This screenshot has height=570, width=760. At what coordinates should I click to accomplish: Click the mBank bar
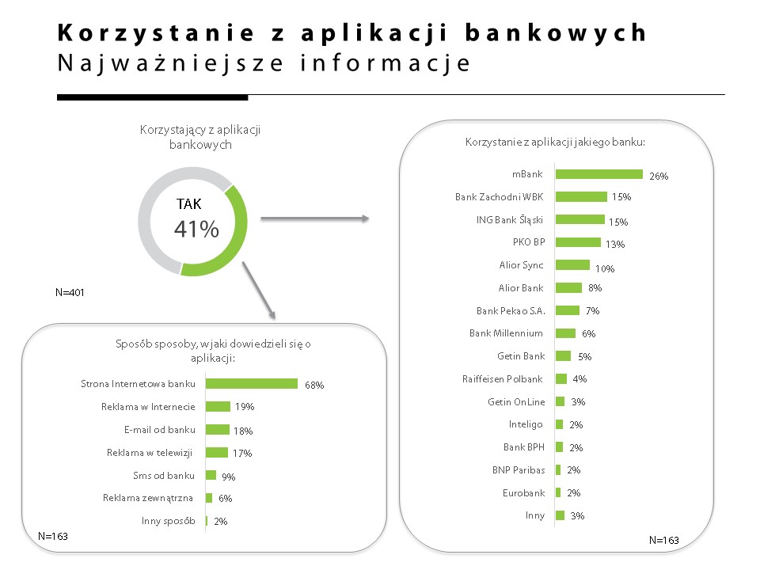pos(598,174)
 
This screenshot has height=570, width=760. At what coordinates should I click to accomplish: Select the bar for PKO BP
pos(578,242)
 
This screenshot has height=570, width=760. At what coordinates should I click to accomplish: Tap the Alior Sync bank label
pos(521,265)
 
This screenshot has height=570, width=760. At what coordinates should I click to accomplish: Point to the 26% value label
pos(659,177)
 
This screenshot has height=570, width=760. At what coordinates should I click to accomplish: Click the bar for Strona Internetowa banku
pos(252,384)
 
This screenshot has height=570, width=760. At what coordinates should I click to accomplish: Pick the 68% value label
pos(314,386)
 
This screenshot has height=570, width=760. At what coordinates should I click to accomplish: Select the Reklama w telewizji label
pos(150,453)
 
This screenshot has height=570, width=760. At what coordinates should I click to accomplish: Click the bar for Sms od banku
pos(211,475)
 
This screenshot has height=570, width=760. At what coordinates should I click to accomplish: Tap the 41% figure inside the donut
pos(196,230)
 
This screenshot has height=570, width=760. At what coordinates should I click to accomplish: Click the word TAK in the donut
pos(188,204)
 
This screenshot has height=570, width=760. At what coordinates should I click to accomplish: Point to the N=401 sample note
pos(70,292)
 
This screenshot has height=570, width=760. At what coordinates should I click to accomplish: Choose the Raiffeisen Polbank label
pos(503,379)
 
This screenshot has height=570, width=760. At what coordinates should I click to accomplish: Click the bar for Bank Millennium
pos(565,333)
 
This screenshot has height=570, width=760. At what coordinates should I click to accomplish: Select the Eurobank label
pos(522,492)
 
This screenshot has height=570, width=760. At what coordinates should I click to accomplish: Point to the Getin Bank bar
pos(563,356)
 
